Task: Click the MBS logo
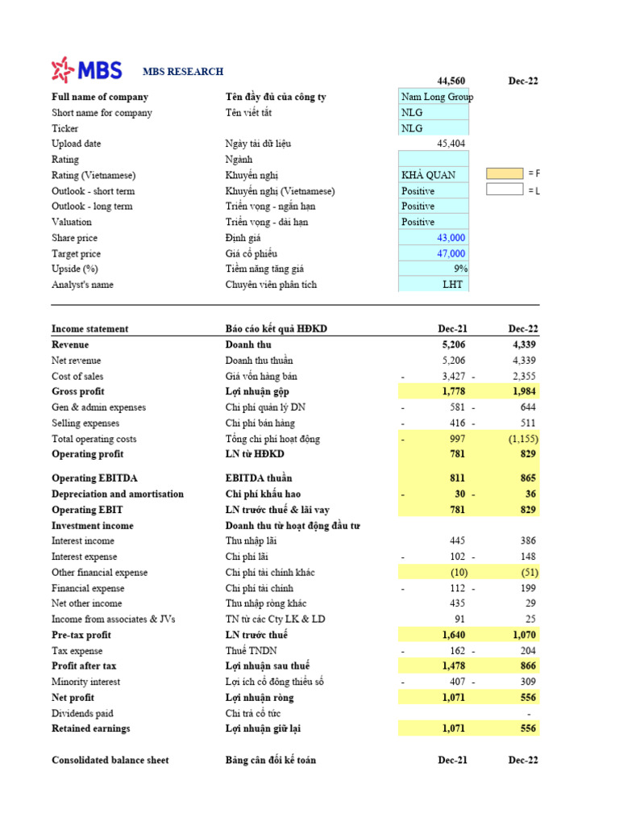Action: click(x=86, y=70)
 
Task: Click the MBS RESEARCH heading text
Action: click(x=183, y=72)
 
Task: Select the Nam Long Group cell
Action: click(x=434, y=97)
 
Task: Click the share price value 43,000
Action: click(x=451, y=238)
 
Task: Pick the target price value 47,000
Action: click(x=451, y=253)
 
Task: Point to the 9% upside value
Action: click(x=460, y=269)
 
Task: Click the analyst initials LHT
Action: click(x=454, y=285)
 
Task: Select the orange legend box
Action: click(x=504, y=173)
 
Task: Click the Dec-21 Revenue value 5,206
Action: click(x=455, y=344)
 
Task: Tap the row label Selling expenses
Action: click(x=85, y=423)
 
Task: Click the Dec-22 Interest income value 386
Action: click(x=527, y=540)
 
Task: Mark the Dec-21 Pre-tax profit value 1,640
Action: click(x=454, y=635)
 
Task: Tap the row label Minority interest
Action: click(x=86, y=682)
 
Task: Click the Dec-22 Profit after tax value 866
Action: click(x=527, y=666)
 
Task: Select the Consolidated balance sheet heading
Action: click(x=110, y=760)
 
